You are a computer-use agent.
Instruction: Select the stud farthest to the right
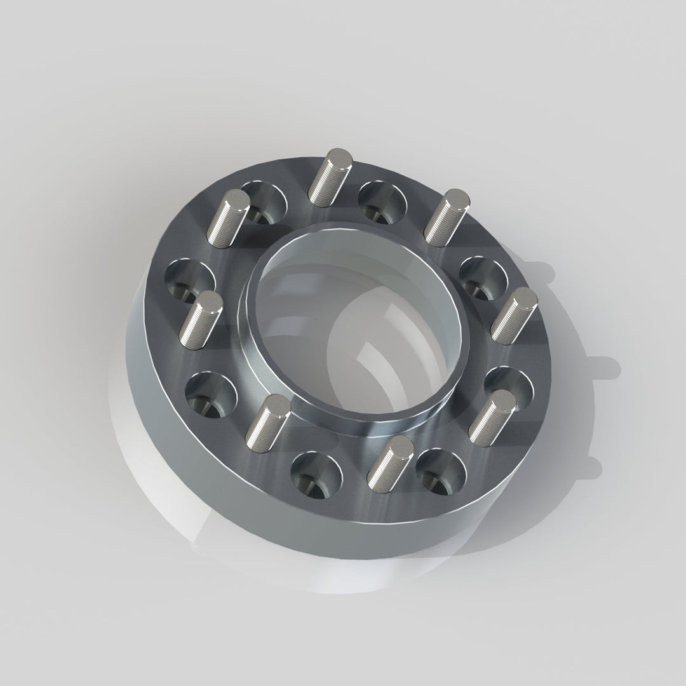tap(514, 314)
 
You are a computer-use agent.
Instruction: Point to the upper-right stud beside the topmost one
tap(447, 216)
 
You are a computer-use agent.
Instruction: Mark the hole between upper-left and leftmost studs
tap(189, 280)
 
